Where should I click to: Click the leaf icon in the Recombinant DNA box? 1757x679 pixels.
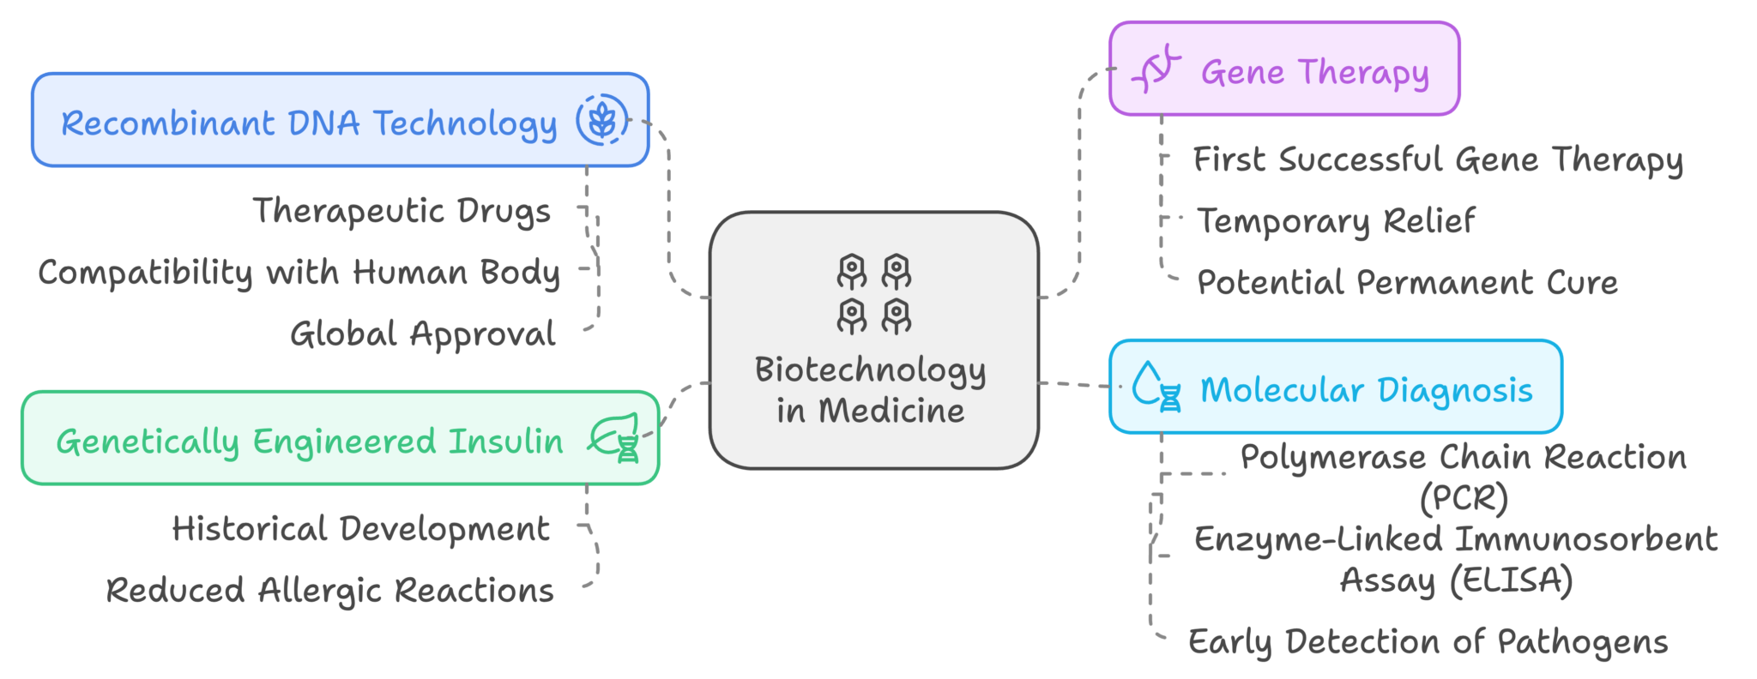pyautogui.click(x=601, y=120)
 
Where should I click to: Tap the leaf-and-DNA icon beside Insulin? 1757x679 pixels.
pyautogui.click(x=615, y=438)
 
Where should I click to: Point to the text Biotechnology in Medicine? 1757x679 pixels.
pyautogui.click(x=871, y=390)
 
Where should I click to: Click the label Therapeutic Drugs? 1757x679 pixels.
pyautogui.click(x=402, y=211)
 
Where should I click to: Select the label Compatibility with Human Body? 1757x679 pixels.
pyautogui.click(x=299, y=273)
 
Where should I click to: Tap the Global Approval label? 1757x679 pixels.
pyautogui.click(x=423, y=334)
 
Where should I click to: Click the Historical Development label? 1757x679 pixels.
pyautogui.click(x=361, y=529)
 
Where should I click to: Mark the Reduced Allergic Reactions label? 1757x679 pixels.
pyautogui.click(x=330, y=591)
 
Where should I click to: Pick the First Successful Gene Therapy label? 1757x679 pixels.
pyautogui.click(x=1438, y=159)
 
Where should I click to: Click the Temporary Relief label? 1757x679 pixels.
pyautogui.click(x=1336, y=221)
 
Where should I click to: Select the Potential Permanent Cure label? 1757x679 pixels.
pyautogui.click(x=1407, y=282)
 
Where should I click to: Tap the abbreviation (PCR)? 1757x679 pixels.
pyautogui.click(x=1464, y=498)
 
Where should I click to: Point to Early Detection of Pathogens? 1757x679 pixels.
pyautogui.click(x=1428, y=641)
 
